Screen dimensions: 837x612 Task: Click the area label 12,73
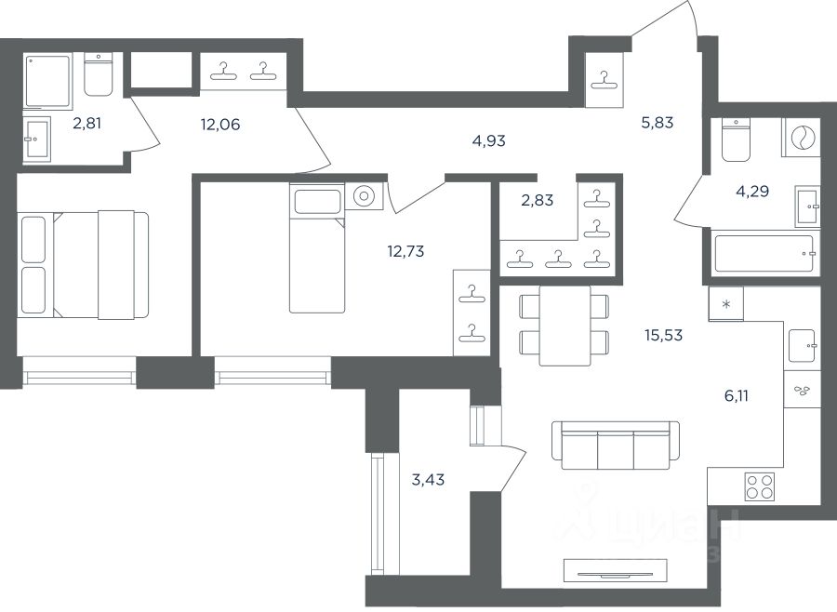405,250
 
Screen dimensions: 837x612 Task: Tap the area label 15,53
663,336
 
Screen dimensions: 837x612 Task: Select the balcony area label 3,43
428,480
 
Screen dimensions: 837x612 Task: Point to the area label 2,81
86,124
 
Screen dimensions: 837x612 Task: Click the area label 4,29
752,191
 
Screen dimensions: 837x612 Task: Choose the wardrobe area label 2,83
537,200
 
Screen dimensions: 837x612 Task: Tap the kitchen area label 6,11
737,395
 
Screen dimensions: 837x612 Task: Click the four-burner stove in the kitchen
760,486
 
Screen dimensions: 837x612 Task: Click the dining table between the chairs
565,326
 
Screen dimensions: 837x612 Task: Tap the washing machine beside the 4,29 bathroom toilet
800,138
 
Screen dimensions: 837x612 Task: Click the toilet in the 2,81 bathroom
99,74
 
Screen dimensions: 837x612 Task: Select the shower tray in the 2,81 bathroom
47,80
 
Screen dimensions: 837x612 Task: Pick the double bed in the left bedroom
84,265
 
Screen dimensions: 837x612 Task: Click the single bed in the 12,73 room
317,248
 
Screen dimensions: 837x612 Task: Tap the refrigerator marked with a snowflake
726,304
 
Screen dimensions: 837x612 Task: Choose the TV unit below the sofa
615,570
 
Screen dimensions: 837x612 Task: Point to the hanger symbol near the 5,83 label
604,80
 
